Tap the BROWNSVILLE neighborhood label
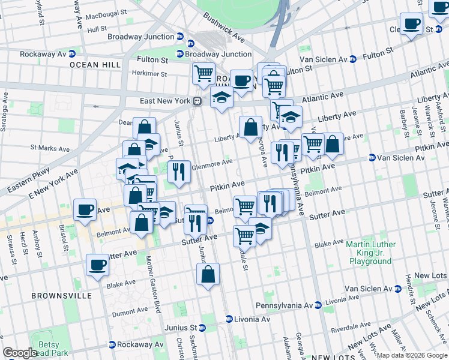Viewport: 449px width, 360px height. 62,296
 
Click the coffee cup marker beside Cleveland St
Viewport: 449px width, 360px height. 412,24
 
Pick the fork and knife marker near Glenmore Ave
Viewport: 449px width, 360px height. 179,172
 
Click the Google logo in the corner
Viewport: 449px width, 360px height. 20,353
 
